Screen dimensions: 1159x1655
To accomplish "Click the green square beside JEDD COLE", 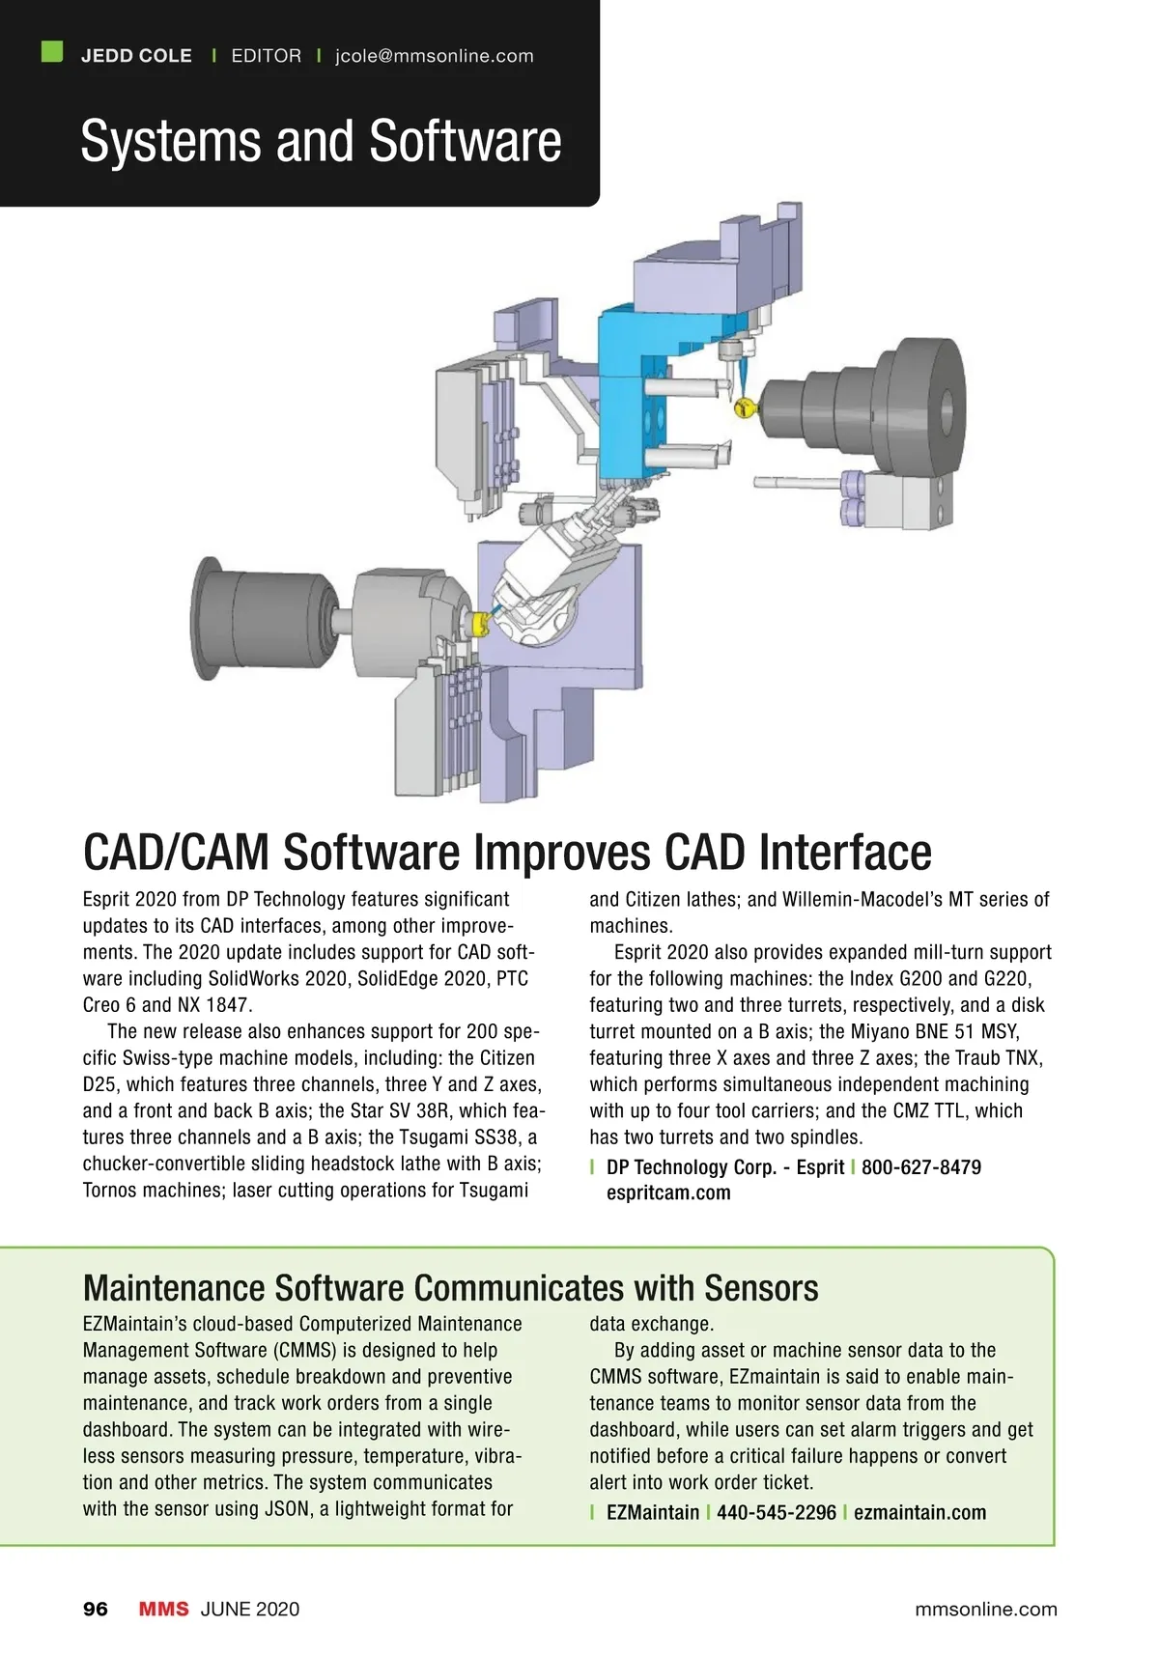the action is [x=52, y=52].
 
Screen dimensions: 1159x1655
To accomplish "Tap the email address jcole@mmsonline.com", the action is [x=434, y=56].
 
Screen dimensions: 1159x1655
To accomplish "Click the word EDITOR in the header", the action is [x=267, y=56].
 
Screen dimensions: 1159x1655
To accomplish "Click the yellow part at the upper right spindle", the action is [x=745, y=407].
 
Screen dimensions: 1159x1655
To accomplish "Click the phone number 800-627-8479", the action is [x=921, y=1167].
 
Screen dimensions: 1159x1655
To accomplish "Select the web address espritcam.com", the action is [x=668, y=1192].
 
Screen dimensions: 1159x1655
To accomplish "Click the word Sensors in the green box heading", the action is [x=761, y=1288].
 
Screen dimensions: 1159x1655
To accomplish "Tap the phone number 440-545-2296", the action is [x=777, y=1512].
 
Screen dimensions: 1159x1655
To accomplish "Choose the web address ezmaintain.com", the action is [x=919, y=1512].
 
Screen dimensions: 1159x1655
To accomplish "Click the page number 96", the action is [x=96, y=1610].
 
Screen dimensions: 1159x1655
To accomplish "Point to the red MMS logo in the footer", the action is [x=163, y=1610].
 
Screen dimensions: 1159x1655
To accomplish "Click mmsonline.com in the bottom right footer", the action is [x=986, y=1610].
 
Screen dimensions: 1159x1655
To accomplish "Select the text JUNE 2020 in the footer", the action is [x=250, y=1610].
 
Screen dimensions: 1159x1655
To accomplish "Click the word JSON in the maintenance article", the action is [x=286, y=1508].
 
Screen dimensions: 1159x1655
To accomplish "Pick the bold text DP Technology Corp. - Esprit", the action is [x=725, y=1167].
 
